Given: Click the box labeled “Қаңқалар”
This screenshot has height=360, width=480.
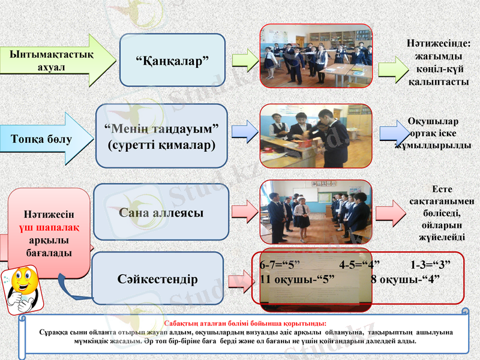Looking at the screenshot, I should click(x=172, y=59).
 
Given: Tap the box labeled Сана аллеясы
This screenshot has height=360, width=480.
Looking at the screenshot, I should click(x=161, y=212).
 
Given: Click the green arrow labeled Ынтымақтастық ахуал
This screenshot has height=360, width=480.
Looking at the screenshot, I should click(x=54, y=60).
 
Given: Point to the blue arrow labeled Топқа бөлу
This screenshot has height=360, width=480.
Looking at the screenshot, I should click(x=42, y=139).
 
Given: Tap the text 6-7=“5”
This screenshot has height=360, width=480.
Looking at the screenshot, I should click(x=280, y=265).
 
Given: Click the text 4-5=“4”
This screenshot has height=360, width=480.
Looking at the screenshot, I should click(x=359, y=265).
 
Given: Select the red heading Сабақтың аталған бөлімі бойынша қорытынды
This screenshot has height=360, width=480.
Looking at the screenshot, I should click(x=245, y=323).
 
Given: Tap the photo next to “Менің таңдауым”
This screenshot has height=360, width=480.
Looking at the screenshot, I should click(x=316, y=136).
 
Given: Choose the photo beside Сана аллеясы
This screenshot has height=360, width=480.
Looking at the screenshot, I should click(x=316, y=212).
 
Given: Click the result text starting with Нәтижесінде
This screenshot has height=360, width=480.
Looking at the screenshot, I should click(x=439, y=62).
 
